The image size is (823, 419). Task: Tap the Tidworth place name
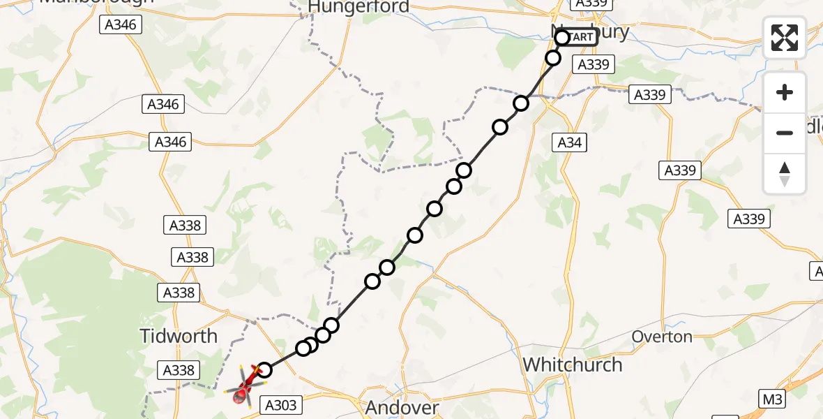[179, 336]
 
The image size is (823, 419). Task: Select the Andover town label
[402, 408]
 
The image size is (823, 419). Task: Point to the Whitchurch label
[572, 365]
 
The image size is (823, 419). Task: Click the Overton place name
[662, 337]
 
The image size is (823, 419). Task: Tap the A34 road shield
[568, 143]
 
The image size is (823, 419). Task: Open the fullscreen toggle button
[785, 37]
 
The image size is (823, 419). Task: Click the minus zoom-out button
[785, 133]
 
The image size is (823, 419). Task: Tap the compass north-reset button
[785, 174]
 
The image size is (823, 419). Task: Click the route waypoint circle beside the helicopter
[264, 370]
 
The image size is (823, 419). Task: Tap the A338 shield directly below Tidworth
[179, 370]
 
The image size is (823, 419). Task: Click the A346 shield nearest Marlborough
[121, 25]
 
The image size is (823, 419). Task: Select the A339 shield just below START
[594, 65]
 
